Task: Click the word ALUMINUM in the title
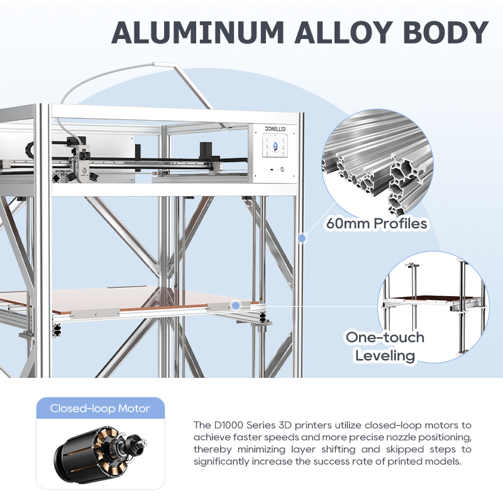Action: coord(198,33)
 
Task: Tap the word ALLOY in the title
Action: coord(343,33)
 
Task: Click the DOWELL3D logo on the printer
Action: coord(275,129)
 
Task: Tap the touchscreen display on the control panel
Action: coord(275,145)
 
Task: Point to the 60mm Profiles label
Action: coord(377,224)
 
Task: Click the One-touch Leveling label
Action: coord(385,346)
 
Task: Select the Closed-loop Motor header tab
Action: coord(101,408)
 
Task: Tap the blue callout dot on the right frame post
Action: coord(302,238)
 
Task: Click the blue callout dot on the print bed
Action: coord(236,305)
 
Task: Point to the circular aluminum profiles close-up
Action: coord(378,164)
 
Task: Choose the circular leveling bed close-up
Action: coord(434,307)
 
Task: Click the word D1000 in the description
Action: coord(228,425)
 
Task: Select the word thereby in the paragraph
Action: coord(213,449)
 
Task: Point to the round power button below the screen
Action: coord(282,169)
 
